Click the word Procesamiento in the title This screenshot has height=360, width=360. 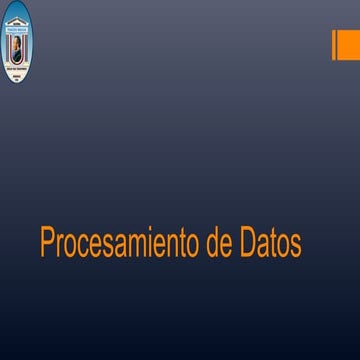(x=120, y=243)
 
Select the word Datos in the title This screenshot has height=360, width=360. (x=272, y=243)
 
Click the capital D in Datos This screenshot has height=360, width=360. (x=249, y=243)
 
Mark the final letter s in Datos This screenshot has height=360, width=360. (x=296, y=245)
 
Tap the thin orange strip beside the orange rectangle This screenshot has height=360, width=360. (x=333, y=45)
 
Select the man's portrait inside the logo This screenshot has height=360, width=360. (x=16, y=46)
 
